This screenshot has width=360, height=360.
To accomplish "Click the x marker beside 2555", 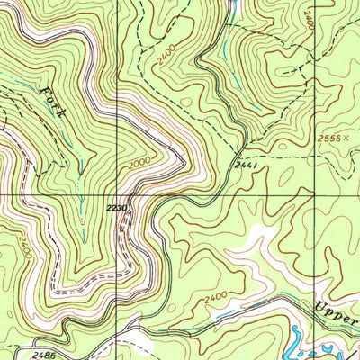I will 349,137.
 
